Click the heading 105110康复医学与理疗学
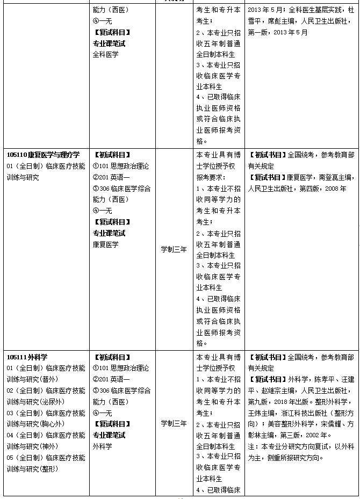click(43, 155)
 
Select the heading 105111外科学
click(27, 357)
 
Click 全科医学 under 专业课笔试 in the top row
click(105, 54)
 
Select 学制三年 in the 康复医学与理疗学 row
click(174, 250)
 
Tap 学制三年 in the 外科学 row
click(174, 423)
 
